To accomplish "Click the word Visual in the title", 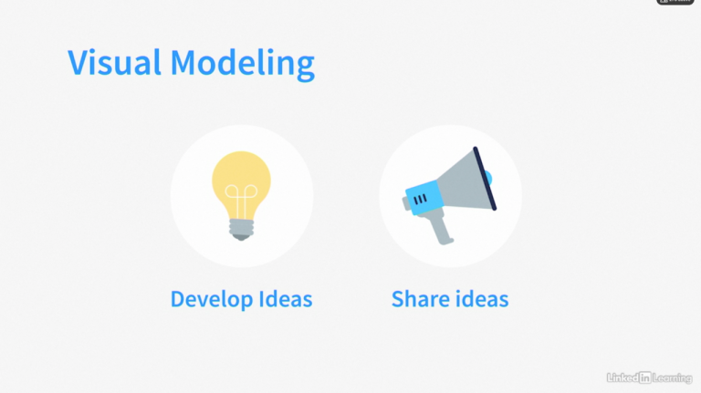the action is (x=114, y=62).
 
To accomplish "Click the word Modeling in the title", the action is (x=243, y=65).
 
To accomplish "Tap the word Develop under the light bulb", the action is (x=212, y=300).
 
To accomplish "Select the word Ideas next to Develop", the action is (x=286, y=299).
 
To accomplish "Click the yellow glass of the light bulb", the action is (x=241, y=179).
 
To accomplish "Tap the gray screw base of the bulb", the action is (x=241, y=230).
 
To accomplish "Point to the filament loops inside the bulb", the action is (x=241, y=198).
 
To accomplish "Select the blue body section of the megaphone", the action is (x=424, y=197).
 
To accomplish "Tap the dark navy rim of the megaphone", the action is (x=485, y=179).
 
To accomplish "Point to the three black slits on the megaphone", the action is (x=420, y=200).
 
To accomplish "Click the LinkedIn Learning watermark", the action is (x=649, y=377).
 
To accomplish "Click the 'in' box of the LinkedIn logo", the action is (x=644, y=377).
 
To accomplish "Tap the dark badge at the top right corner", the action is (x=675, y=2).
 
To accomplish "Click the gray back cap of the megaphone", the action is (x=406, y=203).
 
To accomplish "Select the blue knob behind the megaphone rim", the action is (x=488, y=178).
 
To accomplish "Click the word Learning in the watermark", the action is (x=672, y=378).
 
